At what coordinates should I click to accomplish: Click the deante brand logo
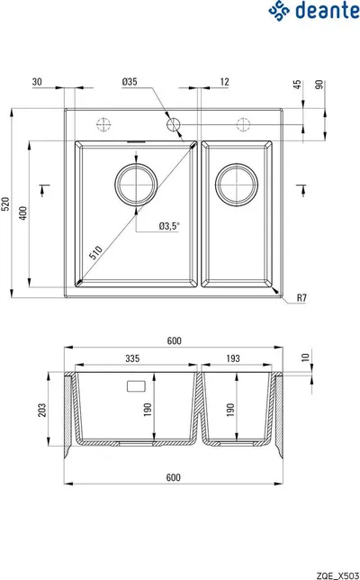click(313, 11)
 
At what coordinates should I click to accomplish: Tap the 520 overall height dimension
click(5, 204)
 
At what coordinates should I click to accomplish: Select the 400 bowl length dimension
click(22, 213)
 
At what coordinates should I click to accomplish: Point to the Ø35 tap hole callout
click(130, 82)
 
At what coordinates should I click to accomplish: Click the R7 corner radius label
click(301, 298)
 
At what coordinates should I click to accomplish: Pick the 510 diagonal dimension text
click(95, 253)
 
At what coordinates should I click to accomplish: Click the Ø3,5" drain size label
click(169, 226)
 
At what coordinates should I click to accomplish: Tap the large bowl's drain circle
click(136, 185)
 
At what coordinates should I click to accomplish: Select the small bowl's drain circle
click(237, 185)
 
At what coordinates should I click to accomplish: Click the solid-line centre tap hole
click(173, 125)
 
